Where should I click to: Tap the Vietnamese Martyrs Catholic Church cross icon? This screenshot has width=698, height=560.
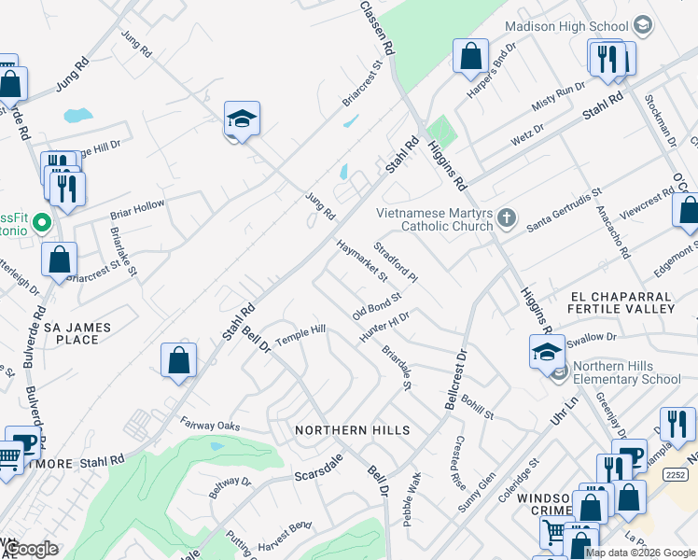point(507,218)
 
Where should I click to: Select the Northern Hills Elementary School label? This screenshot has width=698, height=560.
point(627,372)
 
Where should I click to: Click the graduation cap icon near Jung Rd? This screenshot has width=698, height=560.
point(242,119)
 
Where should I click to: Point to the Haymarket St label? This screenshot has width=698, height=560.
point(361,262)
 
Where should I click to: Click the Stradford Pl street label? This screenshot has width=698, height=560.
point(396,262)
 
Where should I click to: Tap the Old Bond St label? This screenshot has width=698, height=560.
point(376,305)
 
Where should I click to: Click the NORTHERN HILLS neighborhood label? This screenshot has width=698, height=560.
point(353,430)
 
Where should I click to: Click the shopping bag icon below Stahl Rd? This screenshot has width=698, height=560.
point(178,360)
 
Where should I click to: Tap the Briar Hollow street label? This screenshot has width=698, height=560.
point(137,208)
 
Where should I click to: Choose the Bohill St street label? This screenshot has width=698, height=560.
point(476,403)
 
